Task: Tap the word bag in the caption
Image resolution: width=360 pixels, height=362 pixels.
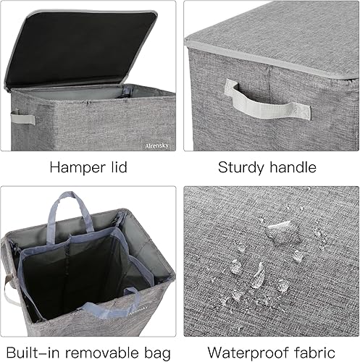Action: click(156, 353)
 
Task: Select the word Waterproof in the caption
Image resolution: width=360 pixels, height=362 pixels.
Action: click(246, 353)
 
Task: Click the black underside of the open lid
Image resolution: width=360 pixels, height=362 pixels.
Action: click(80, 47)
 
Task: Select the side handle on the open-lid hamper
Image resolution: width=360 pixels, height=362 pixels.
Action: click(22, 117)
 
